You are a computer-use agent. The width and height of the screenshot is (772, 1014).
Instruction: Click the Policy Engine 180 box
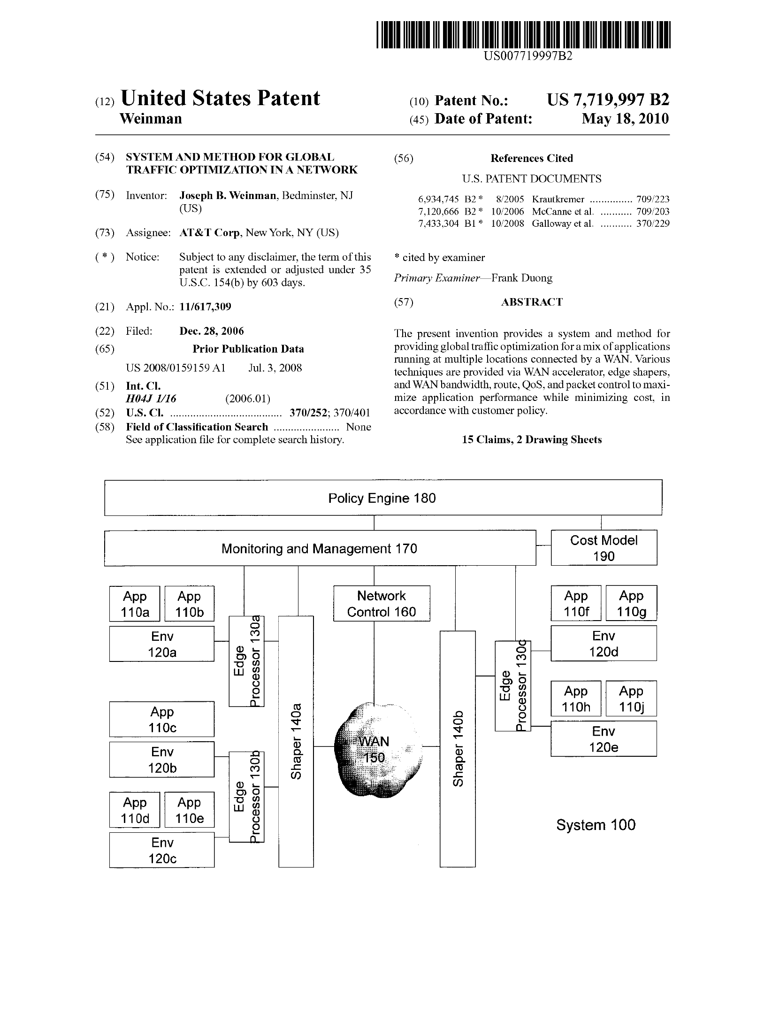[x=382, y=498]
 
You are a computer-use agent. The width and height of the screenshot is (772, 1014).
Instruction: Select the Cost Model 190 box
[x=604, y=548]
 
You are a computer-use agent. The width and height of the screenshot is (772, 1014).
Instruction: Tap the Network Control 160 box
[x=382, y=604]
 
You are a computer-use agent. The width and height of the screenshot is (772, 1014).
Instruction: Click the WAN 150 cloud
[x=379, y=749]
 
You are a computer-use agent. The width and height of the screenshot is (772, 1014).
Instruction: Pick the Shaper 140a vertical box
[x=296, y=742]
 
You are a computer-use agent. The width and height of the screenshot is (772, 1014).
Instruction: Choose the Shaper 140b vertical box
[x=457, y=749]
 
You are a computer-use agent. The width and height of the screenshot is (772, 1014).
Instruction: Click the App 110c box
[x=162, y=719]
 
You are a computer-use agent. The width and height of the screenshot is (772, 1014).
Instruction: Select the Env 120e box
[x=604, y=739]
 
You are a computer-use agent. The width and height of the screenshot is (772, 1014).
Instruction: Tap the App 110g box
[x=631, y=604]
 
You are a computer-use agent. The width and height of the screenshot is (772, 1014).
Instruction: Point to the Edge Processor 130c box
[x=512, y=686]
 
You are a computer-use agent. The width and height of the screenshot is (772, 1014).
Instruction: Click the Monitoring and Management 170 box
[x=319, y=548]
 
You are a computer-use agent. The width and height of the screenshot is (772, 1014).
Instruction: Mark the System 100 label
[x=596, y=825]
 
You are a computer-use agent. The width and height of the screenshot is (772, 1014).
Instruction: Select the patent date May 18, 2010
[x=625, y=119]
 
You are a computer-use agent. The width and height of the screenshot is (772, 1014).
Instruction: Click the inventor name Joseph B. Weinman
[x=228, y=196]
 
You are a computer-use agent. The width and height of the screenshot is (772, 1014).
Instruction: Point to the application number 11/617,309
[x=205, y=307]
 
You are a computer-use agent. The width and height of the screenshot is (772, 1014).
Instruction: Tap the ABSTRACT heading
[x=531, y=302]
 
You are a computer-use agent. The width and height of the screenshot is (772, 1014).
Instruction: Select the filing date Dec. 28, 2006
[x=212, y=331]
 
